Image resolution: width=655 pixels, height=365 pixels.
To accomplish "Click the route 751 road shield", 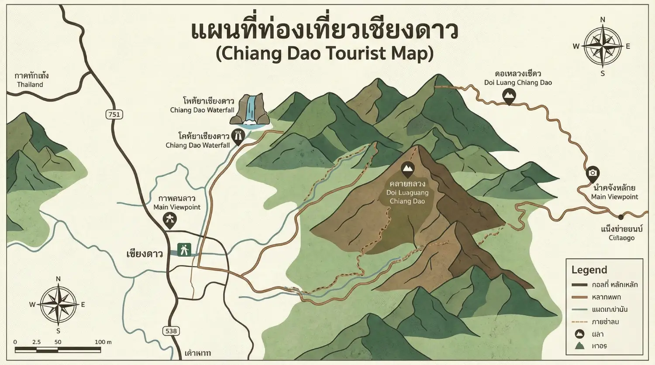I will point(114,115).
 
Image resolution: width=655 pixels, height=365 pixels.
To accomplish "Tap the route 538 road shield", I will point(171,331).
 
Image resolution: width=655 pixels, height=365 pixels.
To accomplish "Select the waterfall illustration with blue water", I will point(250,110).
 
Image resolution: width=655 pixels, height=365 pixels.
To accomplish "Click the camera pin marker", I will point(593,174).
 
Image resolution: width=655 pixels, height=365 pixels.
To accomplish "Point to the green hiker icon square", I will point(184,250).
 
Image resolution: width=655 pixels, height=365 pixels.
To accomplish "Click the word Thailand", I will point(30,85).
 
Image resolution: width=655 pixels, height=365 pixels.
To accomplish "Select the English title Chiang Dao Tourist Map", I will point(325,54).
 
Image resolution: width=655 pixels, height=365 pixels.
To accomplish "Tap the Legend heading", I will point(589,270).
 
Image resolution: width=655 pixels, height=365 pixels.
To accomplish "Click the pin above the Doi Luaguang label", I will point(407,169).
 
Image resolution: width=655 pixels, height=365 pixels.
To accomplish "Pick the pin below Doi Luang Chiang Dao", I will point(509,96).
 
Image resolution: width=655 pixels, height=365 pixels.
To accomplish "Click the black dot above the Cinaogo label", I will point(621,217).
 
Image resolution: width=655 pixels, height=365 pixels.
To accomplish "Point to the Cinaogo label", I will point(621,238).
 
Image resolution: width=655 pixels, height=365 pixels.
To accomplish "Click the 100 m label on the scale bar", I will point(103,342).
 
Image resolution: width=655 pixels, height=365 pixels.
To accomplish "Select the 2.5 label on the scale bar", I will point(36,342).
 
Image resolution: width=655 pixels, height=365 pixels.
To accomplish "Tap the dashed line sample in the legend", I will point(579,322).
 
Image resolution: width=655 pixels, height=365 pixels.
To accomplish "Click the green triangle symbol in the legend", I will point(579,346).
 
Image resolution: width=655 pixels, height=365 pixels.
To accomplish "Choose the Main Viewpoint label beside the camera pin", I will point(614,197).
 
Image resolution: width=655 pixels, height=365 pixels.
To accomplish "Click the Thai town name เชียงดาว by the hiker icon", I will point(145,254).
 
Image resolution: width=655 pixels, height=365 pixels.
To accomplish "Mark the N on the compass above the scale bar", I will point(58,279).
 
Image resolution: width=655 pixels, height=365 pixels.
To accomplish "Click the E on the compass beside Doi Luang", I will point(628,46).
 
